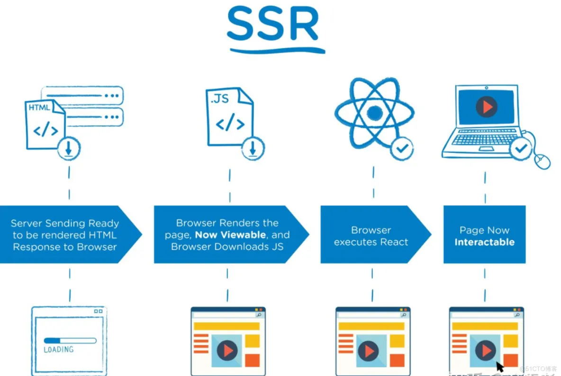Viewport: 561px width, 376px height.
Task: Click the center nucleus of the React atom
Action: [374, 113]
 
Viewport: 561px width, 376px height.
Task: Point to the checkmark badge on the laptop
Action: [521, 149]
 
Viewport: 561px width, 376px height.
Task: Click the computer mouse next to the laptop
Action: [542, 161]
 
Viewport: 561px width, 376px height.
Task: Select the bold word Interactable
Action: [484, 242]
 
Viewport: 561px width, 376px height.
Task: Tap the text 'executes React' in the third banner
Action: [371, 242]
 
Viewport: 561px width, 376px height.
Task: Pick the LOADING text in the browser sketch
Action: [59, 349]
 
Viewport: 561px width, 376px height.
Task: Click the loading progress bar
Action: [70, 340]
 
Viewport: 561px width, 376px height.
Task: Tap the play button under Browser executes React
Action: [368, 351]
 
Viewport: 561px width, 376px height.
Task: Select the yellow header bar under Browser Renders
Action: [226, 326]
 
